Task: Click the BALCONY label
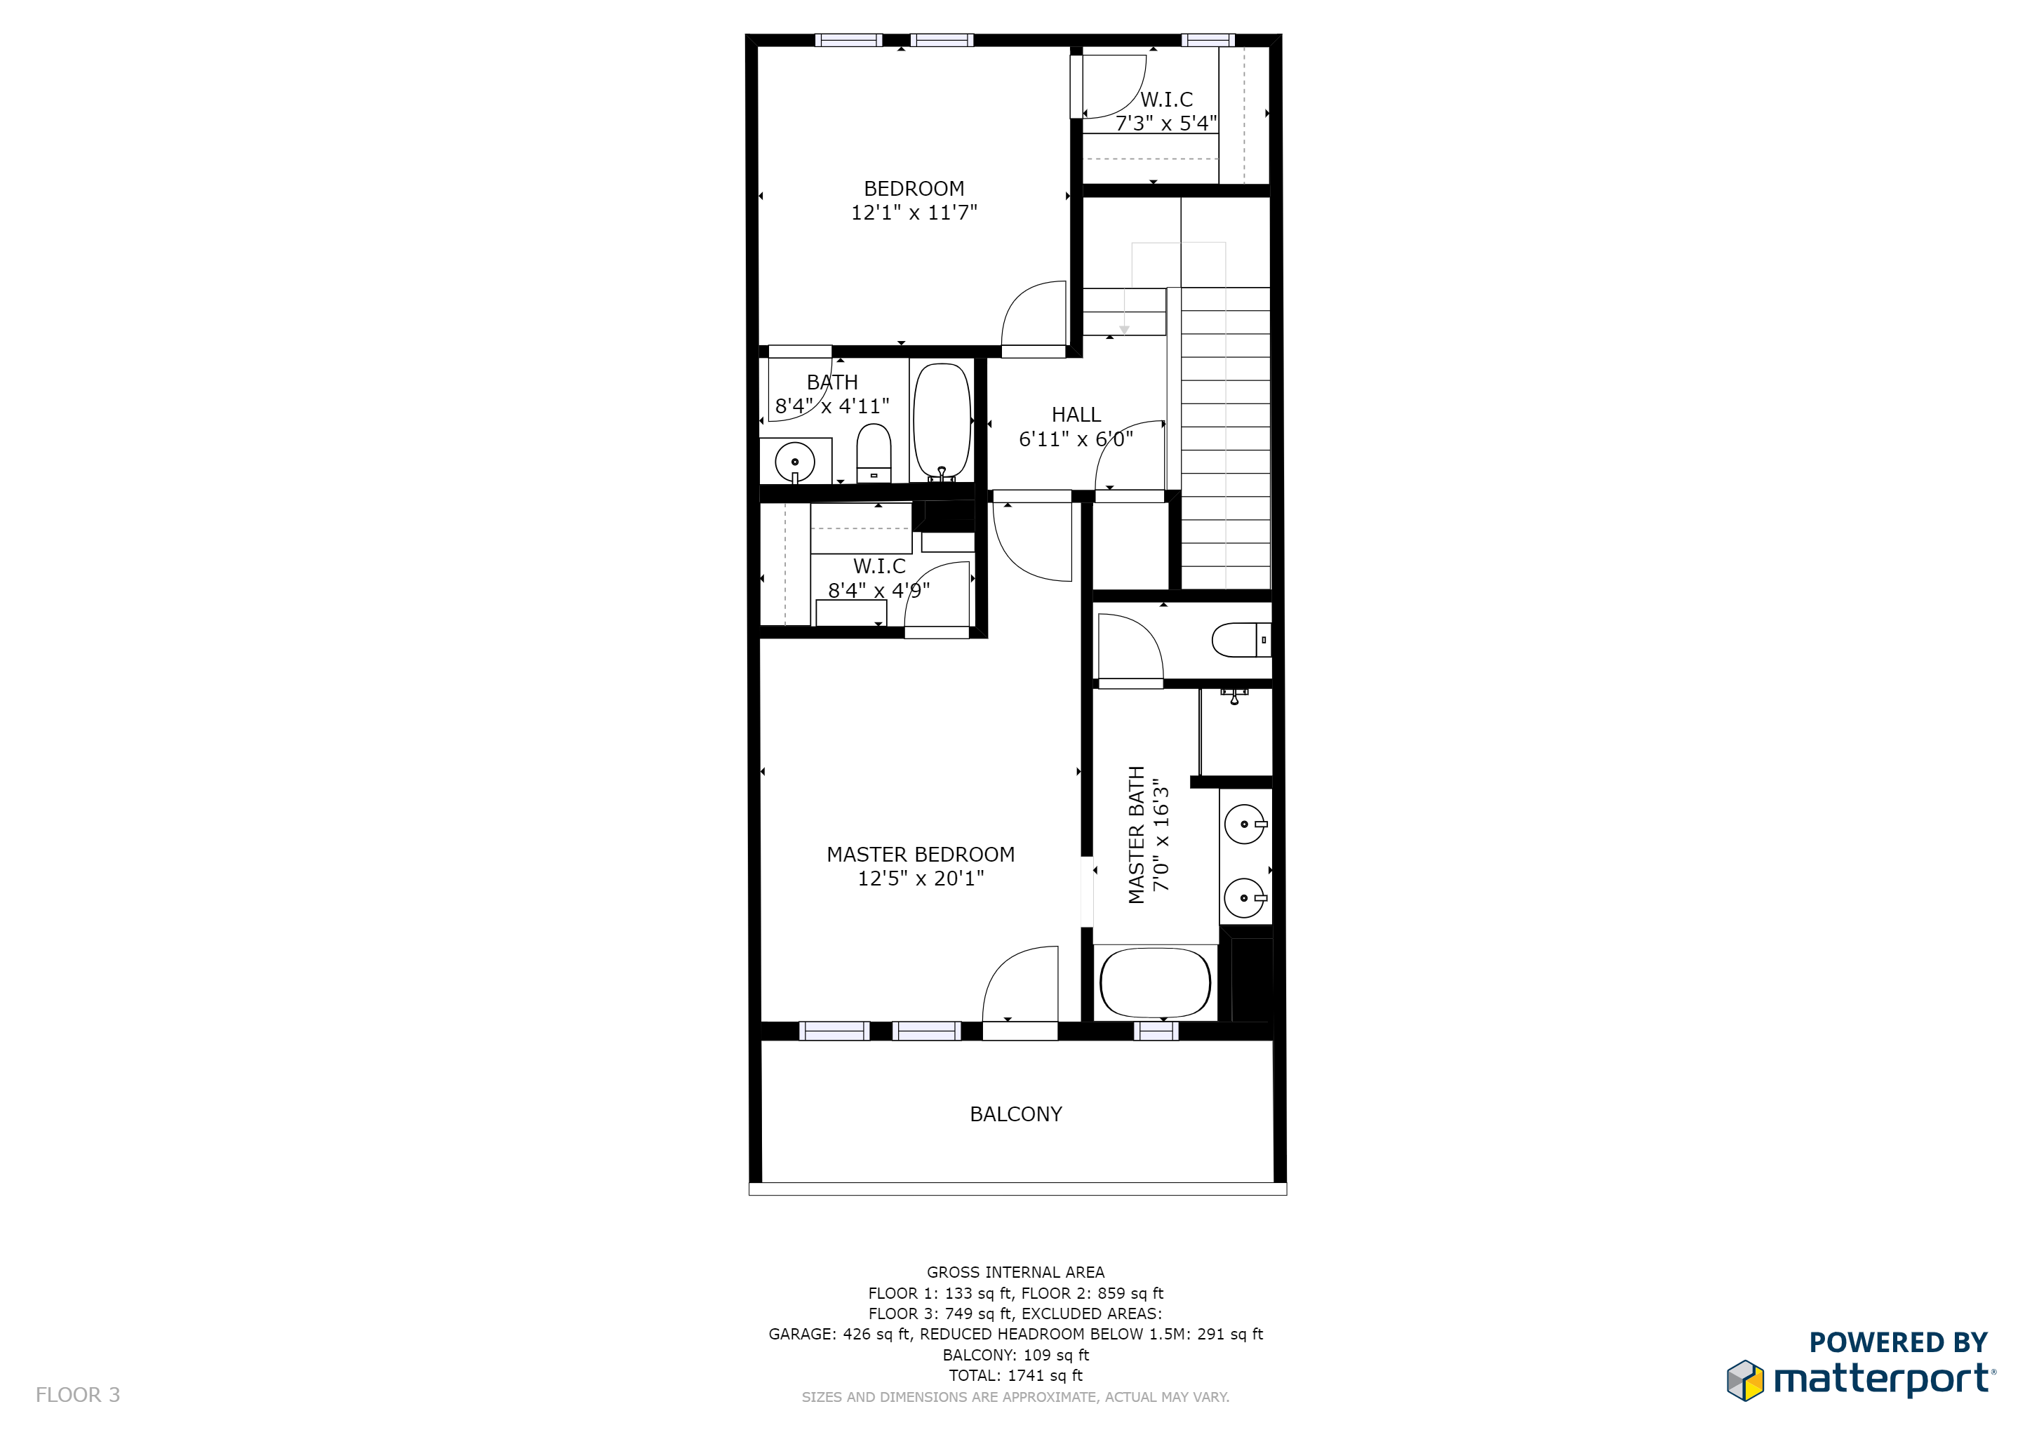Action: click(x=1015, y=1114)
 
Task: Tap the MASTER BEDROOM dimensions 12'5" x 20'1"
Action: click(x=921, y=878)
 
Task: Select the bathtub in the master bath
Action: click(x=1154, y=983)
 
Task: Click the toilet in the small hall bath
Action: click(x=874, y=453)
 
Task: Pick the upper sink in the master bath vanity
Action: click(x=1244, y=824)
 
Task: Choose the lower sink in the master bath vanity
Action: click(x=1244, y=898)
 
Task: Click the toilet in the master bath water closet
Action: click(x=1239, y=640)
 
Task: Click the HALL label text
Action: click(x=1076, y=415)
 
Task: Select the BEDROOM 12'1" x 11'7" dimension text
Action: click(x=914, y=213)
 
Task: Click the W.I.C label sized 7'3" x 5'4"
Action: click(x=1165, y=100)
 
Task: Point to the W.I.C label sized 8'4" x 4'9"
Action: click(x=878, y=566)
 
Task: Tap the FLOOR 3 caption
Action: click(x=78, y=1396)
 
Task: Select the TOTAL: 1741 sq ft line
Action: click(x=1015, y=1376)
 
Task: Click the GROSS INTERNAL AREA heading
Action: click(x=1015, y=1272)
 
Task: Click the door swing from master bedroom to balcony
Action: click(x=1022, y=987)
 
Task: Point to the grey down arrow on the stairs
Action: click(x=1124, y=330)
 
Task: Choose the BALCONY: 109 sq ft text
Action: click(x=1015, y=1356)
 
